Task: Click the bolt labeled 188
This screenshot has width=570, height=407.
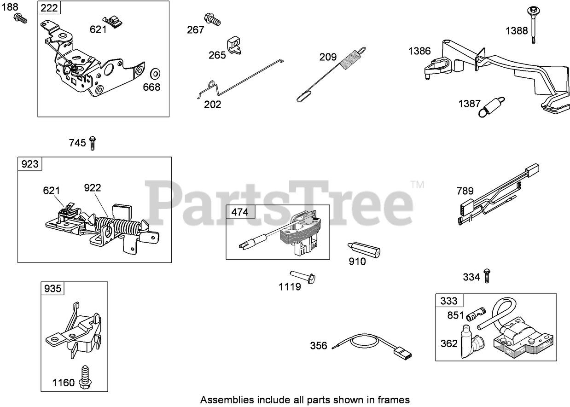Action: click(x=21, y=18)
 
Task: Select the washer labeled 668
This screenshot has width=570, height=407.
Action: click(x=155, y=73)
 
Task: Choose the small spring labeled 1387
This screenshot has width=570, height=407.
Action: click(x=492, y=107)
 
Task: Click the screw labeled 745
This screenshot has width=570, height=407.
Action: click(x=93, y=143)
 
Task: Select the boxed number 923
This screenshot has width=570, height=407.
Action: click(x=30, y=164)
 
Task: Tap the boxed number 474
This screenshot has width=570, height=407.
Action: click(x=239, y=212)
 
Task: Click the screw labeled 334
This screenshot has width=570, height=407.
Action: click(x=488, y=276)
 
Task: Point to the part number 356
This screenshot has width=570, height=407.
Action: click(x=318, y=345)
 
